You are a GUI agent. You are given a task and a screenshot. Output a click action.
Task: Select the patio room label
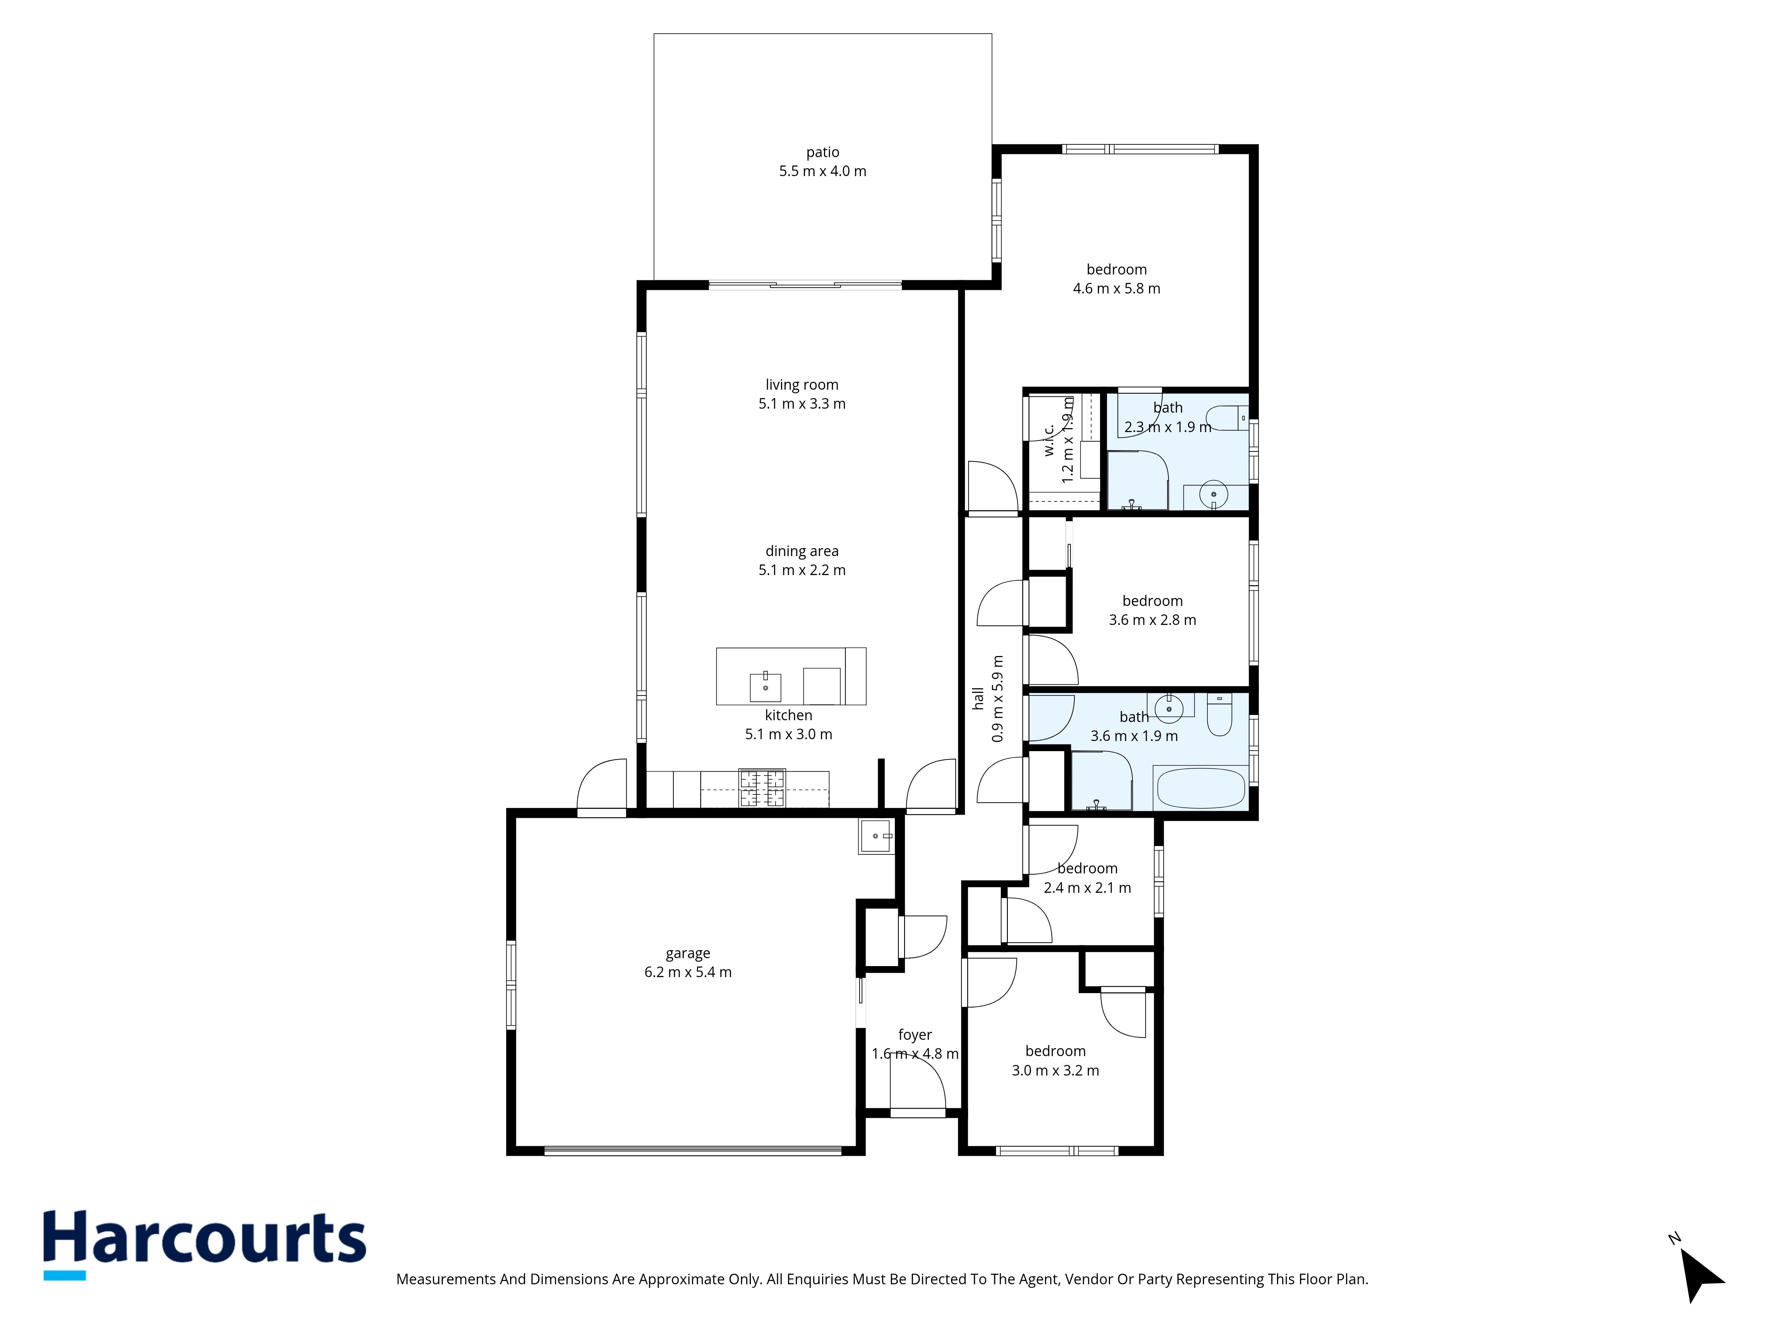[822, 152]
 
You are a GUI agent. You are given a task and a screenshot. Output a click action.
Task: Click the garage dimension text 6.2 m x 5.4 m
[688, 972]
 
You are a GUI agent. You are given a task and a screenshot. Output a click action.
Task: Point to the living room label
[802, 385]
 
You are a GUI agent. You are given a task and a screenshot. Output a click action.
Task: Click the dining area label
[802, 551]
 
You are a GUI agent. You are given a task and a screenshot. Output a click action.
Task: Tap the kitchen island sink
[765, 686]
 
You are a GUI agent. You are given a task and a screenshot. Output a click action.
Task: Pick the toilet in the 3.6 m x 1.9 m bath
[1219, 714]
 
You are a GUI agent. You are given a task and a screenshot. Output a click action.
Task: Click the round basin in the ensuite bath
[1213, 495]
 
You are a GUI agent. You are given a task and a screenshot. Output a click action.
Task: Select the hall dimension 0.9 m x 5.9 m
[997, 698]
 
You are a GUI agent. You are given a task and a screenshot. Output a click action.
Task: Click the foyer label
[915, 1035]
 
